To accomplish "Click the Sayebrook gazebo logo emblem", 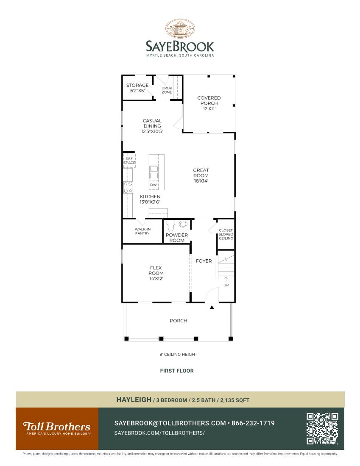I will [180, 29].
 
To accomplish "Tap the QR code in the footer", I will [322, 428].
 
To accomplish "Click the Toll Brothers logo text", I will [56, 426].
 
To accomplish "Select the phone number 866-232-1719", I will [253, 423].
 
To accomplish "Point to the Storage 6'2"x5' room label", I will [137, 88].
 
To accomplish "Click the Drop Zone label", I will [167, 90].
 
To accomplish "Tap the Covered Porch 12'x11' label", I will [209, 103].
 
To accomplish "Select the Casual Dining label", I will [152, 126].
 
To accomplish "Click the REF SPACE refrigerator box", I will [129, 161].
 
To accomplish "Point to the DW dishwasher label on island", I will [153, 185].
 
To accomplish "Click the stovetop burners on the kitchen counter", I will [128, 187].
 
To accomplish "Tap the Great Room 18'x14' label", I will [201, 175].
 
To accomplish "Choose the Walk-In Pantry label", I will [142, 231].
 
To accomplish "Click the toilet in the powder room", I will [171, 225].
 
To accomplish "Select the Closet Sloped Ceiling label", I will [226, 234].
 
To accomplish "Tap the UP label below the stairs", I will [226, 285].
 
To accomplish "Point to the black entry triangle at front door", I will [212, 307].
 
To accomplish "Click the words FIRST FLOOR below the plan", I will [177, 371].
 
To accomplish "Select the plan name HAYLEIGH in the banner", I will [134, 399].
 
